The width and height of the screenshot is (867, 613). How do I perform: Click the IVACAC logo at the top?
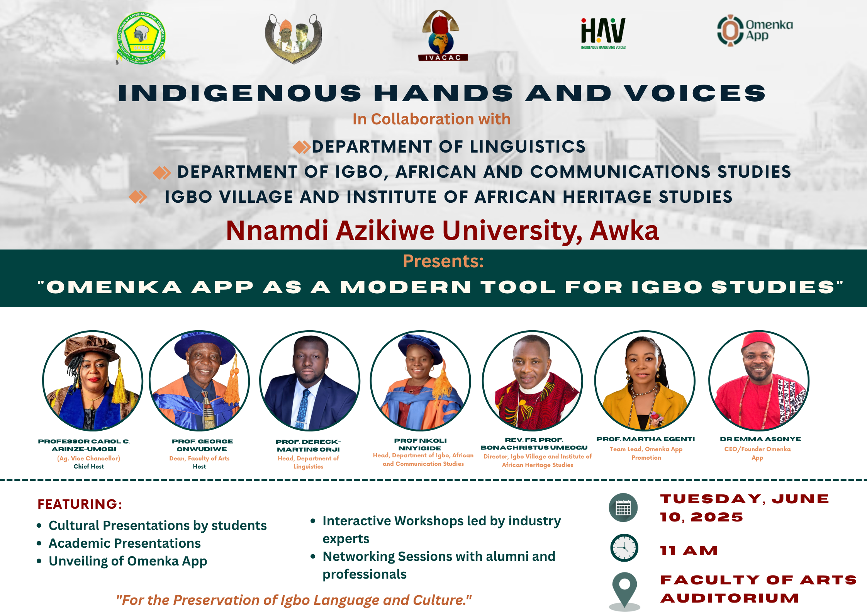coord(443,36)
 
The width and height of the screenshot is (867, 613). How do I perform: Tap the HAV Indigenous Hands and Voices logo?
coord(603,33)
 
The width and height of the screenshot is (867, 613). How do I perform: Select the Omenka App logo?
coord(755,31)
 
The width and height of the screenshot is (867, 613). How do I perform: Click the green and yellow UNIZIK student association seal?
coord(141,38)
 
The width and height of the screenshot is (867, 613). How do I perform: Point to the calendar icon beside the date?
coord(623,508)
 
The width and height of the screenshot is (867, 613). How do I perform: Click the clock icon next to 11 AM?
coord(624,548)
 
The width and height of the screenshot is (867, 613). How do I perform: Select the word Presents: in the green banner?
coord(443,261)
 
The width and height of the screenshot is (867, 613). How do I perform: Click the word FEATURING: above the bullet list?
coord(80,504)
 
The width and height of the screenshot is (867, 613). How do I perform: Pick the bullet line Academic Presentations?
coord(124,543)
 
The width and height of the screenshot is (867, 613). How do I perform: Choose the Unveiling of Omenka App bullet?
coord(128,561)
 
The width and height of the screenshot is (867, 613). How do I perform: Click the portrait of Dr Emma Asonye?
coord(759,380)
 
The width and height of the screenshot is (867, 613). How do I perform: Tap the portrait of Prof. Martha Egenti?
coord(645,380)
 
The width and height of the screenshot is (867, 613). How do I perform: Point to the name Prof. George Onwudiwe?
coord(202,445)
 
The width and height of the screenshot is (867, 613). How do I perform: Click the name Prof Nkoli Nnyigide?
coord(420,444)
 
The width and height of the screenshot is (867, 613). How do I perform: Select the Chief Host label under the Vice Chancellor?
coord(89,467)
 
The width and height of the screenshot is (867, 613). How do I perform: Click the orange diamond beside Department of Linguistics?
coord(302,147)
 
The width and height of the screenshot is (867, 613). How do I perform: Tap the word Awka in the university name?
coord(624,231)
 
